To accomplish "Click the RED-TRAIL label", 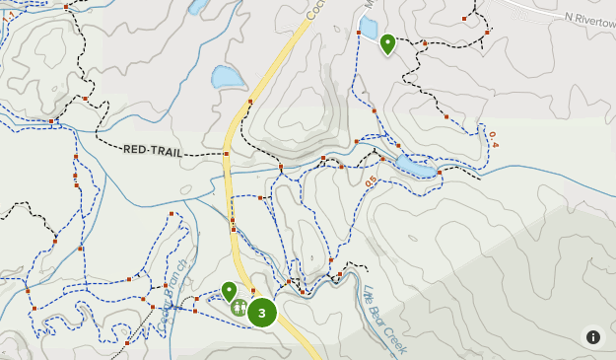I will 153,150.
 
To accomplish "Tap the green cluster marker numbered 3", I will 261,313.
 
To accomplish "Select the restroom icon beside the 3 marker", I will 240,308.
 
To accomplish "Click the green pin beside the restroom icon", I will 229,291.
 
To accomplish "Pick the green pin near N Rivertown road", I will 387,43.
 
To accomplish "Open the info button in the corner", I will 592,337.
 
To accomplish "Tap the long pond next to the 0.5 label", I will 414,169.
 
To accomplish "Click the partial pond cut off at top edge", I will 197,6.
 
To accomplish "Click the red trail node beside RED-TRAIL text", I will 226,154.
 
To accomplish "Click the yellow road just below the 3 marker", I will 296,335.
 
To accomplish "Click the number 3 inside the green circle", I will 261,313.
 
